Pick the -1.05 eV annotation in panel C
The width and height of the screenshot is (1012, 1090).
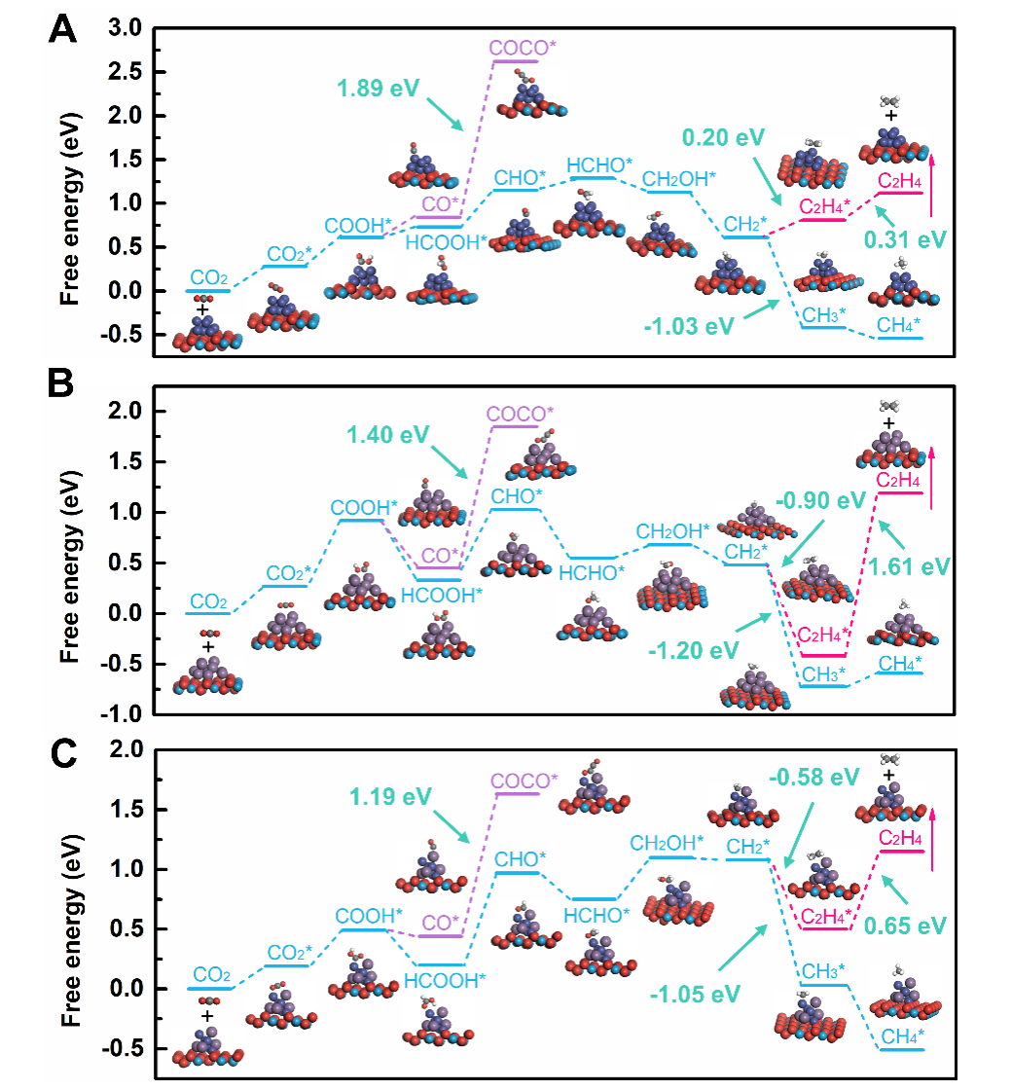coord(696,994)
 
